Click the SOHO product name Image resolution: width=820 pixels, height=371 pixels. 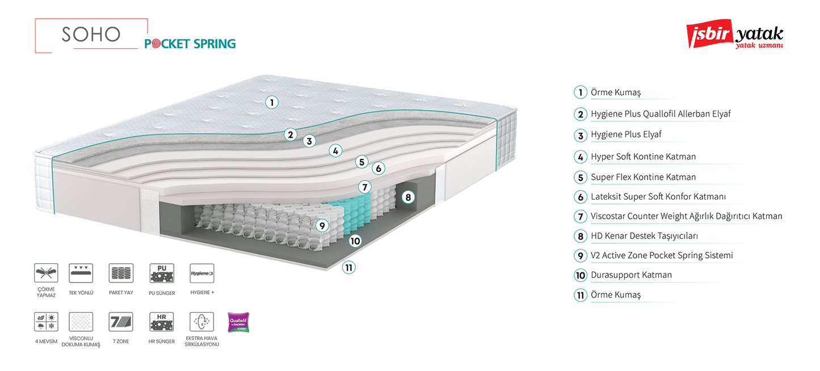pyautogui.click(x=91, y=35)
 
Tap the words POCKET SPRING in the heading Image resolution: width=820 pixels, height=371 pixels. pyautogui.click(x=190, y=44)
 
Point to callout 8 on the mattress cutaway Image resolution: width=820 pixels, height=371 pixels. pyautogui.click(x=407, y=197)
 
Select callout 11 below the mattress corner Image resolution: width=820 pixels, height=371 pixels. pyautogui.click(x=349, y=267)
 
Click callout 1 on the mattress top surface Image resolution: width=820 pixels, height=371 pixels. pyautogui.click(x=272, y=102)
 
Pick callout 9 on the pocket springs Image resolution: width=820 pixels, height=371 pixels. pyautogui.click(x=322, y=225)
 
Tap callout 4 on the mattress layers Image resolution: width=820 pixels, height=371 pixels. pyautogui.click(x=336, y=150)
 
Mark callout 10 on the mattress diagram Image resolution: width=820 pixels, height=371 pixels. pyautogui.click(x=355, y=241)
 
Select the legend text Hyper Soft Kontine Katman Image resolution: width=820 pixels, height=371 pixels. pyautogui.click(x=644, y=157)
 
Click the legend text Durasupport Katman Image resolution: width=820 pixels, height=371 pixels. pyautogui.click(x=631, y=275)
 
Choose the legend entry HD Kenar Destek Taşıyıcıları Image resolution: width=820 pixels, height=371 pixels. pyautogui.click(x=644, y=235)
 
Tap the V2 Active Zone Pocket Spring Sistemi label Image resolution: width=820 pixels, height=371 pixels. pyautogui.click(x=662, y=255)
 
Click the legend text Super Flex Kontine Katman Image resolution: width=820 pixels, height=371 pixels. pyautogui.click(x=643, y=177)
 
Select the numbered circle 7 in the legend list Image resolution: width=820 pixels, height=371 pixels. pyautogui.click(x=580, y=216)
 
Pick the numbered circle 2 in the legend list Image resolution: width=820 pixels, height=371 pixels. pyautogui.click(x=580, y=114)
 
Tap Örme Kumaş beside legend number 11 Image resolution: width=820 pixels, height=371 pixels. pyautogui.click(x=616, y=295)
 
